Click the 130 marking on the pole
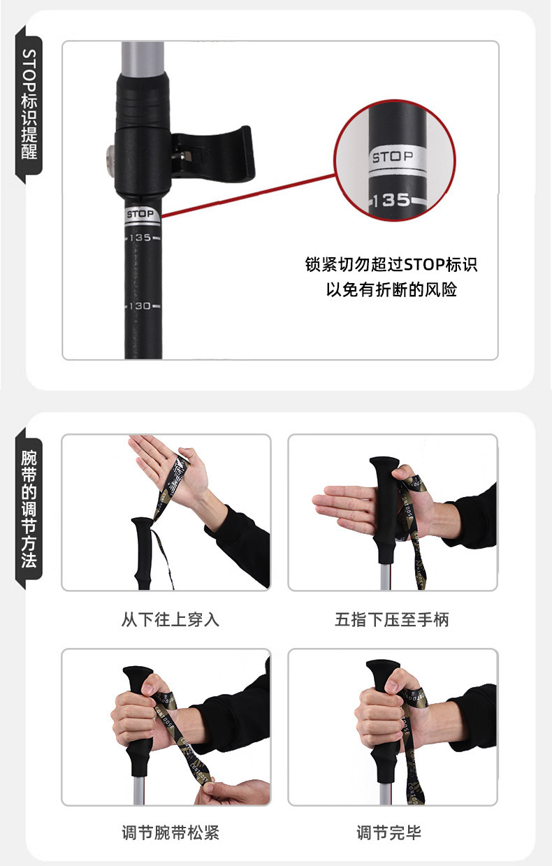tap(140, 306)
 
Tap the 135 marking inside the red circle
tap(392, 201)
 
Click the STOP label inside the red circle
tap(393, 157)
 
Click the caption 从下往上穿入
tap(170, 619)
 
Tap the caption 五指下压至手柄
tap(391, 619)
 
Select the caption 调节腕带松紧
tap(170, 832)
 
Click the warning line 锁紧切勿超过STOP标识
tap(391, 265)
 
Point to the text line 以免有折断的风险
tap(391, 289)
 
